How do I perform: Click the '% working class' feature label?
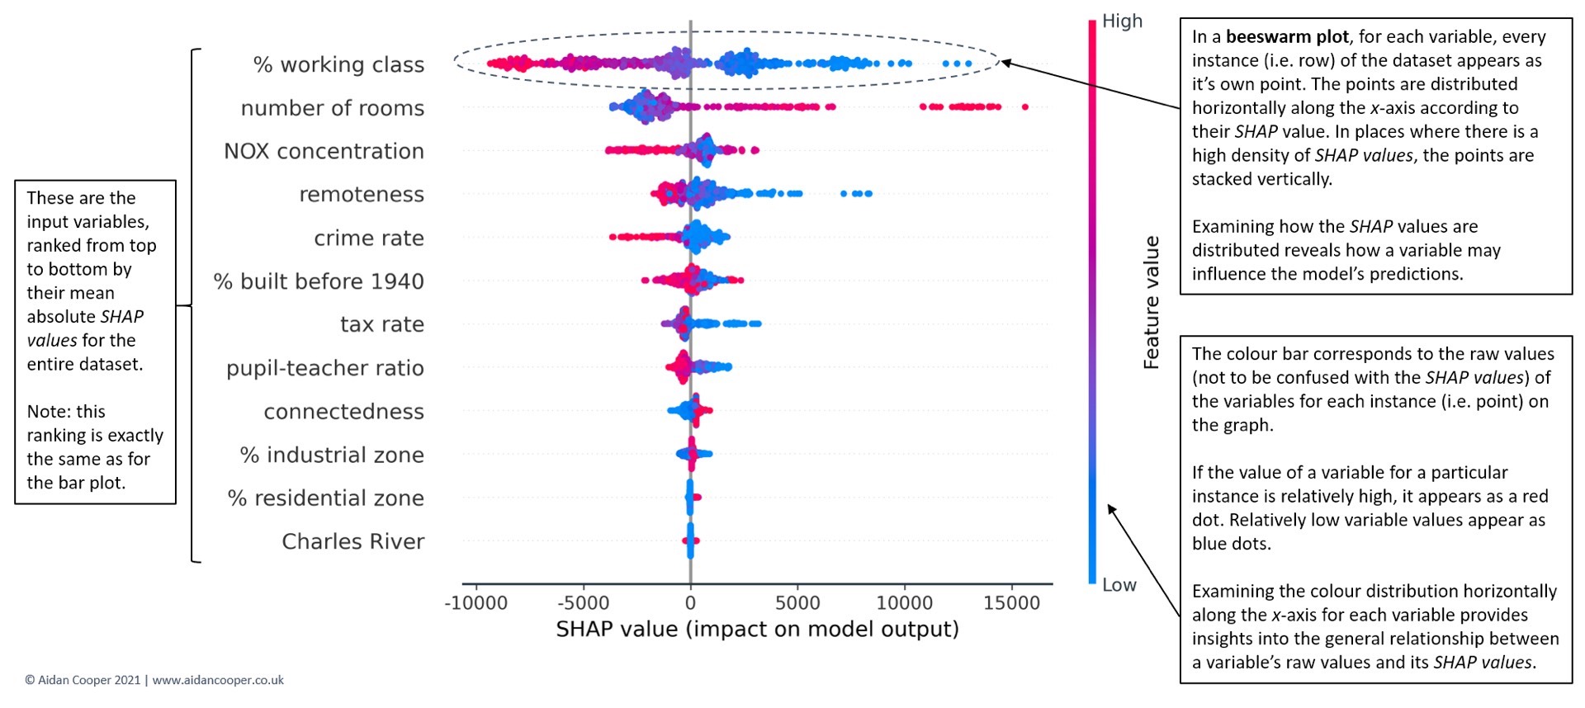(x=338, y=64)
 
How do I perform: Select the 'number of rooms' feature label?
(x=332, y=108)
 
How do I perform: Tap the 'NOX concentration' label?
(x=324, y=151)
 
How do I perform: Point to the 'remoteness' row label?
(x=362, y=194)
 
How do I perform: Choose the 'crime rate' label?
(x=368, y=238)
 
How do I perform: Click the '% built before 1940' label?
(x=319, y=281)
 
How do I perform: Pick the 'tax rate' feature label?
(x=381, y=324)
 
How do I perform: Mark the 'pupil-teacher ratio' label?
(x=325, y=368)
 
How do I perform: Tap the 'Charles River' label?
(x=352, y=541)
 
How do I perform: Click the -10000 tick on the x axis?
(x=476, y=603)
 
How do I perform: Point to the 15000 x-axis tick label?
(x=1011, y=603)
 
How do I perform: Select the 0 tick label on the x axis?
(x=690, y=603)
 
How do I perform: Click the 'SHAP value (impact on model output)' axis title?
(x=757, y=630)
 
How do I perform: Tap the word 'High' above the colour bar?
(x=1122, y=21)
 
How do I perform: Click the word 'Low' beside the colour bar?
(x=1119, y=585)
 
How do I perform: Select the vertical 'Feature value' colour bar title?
(x=1151, y=302)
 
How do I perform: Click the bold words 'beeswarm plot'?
(x=1287, y=37)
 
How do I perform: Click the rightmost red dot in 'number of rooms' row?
(x=1025, y=106)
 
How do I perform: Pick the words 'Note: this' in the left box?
(x=66, y=411)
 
